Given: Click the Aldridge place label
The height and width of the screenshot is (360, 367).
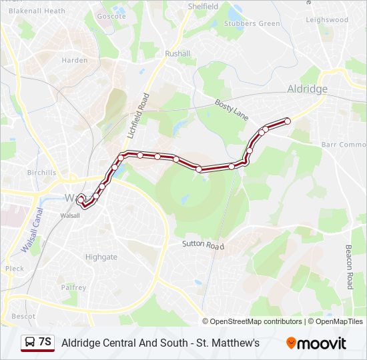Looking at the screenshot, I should (307, 89).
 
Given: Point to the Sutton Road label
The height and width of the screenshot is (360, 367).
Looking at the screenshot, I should (203, 245).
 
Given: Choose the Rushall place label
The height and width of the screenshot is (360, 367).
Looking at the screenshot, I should (177, 53).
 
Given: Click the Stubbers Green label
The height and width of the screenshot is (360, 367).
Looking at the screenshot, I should (252, 24).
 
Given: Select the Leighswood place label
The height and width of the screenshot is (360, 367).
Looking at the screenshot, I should (327, 20).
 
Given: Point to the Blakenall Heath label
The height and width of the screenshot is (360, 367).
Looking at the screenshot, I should (36, 11).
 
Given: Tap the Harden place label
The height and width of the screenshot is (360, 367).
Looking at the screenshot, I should (75, 60).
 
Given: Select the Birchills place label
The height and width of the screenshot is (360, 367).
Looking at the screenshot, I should (41, 172).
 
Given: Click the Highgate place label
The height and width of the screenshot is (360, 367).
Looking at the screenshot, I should (101, 257).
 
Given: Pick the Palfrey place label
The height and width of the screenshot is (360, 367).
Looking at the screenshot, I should (73, 287).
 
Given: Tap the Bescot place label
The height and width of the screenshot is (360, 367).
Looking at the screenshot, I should (23, 316).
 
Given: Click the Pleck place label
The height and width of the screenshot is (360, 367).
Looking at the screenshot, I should (15, 269).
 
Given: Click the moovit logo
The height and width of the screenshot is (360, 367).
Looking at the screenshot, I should (316, 343).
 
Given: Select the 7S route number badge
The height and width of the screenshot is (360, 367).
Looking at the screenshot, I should (37, 343).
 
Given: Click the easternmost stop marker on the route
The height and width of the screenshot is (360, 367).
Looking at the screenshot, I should (288, 121).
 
